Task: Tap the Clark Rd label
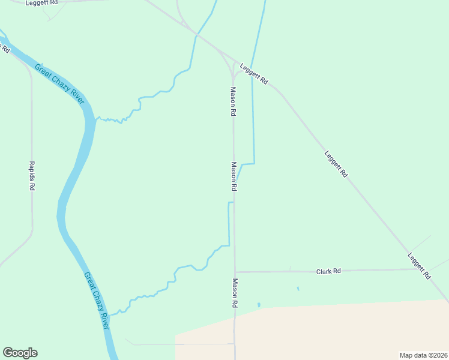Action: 328,271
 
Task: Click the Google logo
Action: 20,353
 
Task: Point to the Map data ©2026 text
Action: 423,355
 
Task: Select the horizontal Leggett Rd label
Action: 42,3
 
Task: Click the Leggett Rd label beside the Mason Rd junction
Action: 254,73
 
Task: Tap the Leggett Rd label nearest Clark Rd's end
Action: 419,266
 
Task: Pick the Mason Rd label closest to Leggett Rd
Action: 233,101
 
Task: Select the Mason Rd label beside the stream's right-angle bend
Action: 234,176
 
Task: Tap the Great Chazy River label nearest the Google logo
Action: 97,301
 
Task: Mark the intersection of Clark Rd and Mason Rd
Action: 235,272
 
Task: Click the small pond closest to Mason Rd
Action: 259,305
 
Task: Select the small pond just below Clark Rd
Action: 298,289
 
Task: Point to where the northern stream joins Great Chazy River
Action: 95,119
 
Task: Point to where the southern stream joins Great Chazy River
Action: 109,314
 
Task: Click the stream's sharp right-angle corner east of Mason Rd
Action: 255,163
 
